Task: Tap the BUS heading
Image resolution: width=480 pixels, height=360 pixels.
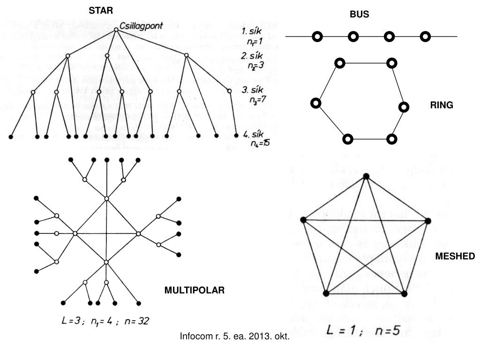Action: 359,15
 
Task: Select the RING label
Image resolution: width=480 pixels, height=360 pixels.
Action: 442,105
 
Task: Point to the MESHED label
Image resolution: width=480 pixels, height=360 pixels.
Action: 455,256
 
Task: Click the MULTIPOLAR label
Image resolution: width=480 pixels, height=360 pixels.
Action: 195,291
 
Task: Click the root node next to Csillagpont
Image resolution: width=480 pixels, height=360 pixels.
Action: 116,30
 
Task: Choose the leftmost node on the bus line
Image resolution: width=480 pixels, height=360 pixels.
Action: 317,37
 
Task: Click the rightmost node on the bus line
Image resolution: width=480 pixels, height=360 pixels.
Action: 425,37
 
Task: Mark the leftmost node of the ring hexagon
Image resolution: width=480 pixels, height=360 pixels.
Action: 316,103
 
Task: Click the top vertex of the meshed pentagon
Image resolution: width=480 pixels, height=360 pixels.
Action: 367,176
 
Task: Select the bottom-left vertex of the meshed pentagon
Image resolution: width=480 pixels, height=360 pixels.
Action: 326,293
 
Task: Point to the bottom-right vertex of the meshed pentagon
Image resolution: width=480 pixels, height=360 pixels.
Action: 404,293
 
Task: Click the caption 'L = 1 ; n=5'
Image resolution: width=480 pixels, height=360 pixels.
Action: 363,330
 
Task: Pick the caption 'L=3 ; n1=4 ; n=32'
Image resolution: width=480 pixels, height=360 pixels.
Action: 105,322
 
